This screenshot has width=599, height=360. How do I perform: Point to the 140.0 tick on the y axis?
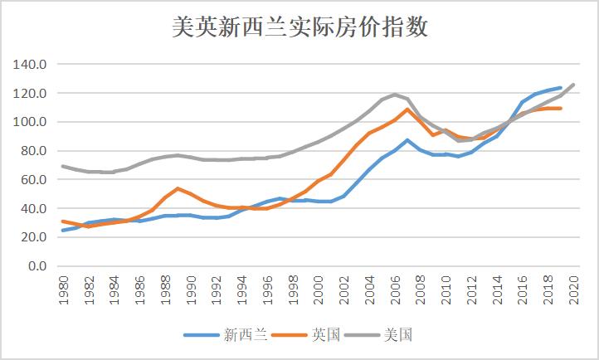(x=32, y=65)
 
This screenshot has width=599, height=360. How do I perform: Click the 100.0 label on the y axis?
(x=32, y=122)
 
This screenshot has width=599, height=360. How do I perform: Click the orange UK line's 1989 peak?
(x=178, y=188)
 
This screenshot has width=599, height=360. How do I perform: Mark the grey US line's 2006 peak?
(x=394, y=95)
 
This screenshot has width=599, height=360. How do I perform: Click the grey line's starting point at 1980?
(x=64, y=166)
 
